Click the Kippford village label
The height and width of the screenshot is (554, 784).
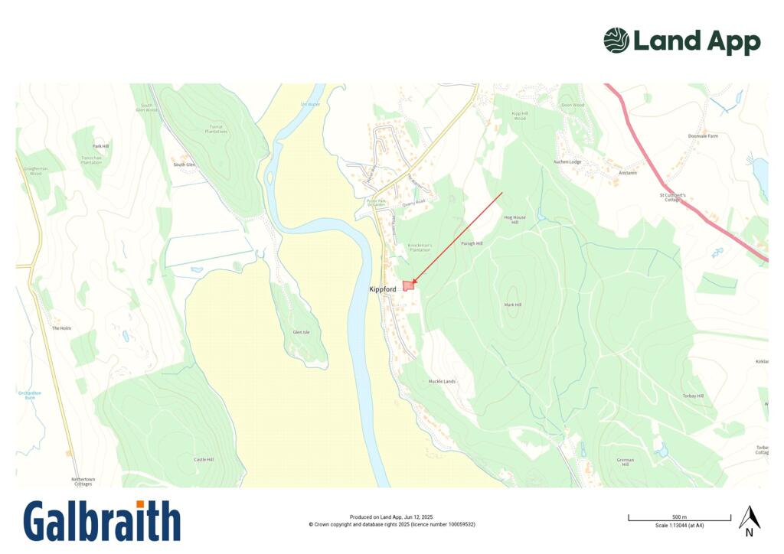pos(382,289)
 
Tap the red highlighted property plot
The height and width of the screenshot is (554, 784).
pos(408,285)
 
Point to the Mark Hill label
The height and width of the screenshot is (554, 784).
pos(512,305)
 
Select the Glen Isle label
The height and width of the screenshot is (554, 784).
pos(302,332)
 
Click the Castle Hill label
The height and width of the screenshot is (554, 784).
pos(204,459)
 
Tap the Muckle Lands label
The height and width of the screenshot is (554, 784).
pos(442,381)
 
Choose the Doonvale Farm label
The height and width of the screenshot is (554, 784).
pos(703,135)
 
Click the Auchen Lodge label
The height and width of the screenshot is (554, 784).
pos(567,162)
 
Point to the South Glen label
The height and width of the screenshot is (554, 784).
pos(185,165)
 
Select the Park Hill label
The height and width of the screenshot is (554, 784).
pos(100,145)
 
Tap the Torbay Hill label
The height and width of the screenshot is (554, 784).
pos(703,396)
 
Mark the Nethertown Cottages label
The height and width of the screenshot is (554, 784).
pos(82,481)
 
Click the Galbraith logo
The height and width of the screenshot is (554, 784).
pos(102,521)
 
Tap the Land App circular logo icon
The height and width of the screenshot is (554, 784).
pos(616,41)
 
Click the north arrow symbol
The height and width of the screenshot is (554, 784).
pos(749,520)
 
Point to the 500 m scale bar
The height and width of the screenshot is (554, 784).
pos(679,519)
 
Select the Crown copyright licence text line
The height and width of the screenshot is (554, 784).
pos(392,524)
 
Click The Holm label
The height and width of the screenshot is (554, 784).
pos(61,328)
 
